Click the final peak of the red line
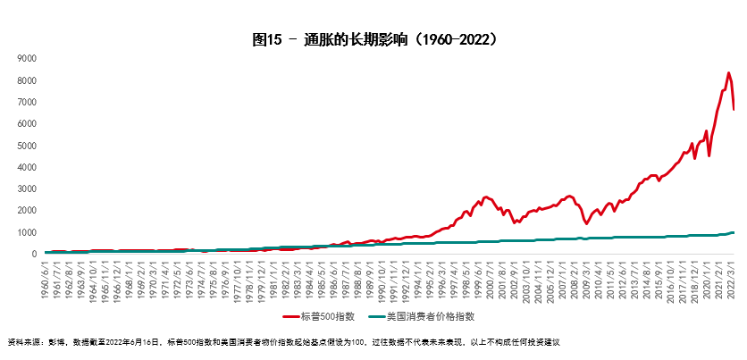728,73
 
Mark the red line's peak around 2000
486,197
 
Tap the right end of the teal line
734,232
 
